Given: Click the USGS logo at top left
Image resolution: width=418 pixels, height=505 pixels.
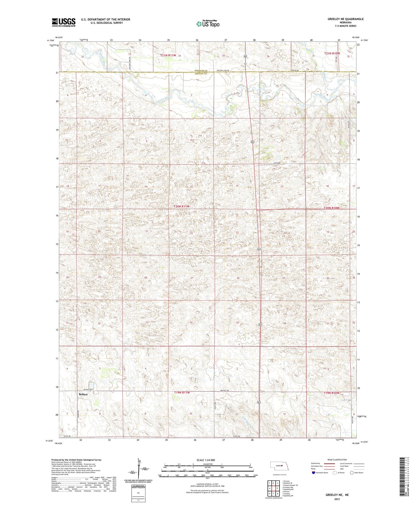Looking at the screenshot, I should coord(64,22).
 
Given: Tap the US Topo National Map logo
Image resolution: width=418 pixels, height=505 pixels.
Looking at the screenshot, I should coord(208,24).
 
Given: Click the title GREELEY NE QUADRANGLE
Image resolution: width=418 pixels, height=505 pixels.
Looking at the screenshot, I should coord(346,19).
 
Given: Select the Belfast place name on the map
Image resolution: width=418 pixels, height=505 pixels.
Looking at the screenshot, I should coord(83,394).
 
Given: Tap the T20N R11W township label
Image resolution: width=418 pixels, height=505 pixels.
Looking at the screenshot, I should coord(181,206).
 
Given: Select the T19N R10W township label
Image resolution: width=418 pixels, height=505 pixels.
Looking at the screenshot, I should coord(332,393).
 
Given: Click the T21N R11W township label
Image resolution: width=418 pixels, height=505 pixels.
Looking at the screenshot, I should coord(168,55).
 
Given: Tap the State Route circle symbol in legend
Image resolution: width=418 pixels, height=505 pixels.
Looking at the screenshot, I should coord(352,473).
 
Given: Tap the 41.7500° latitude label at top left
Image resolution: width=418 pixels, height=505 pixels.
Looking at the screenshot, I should coord(50,40).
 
